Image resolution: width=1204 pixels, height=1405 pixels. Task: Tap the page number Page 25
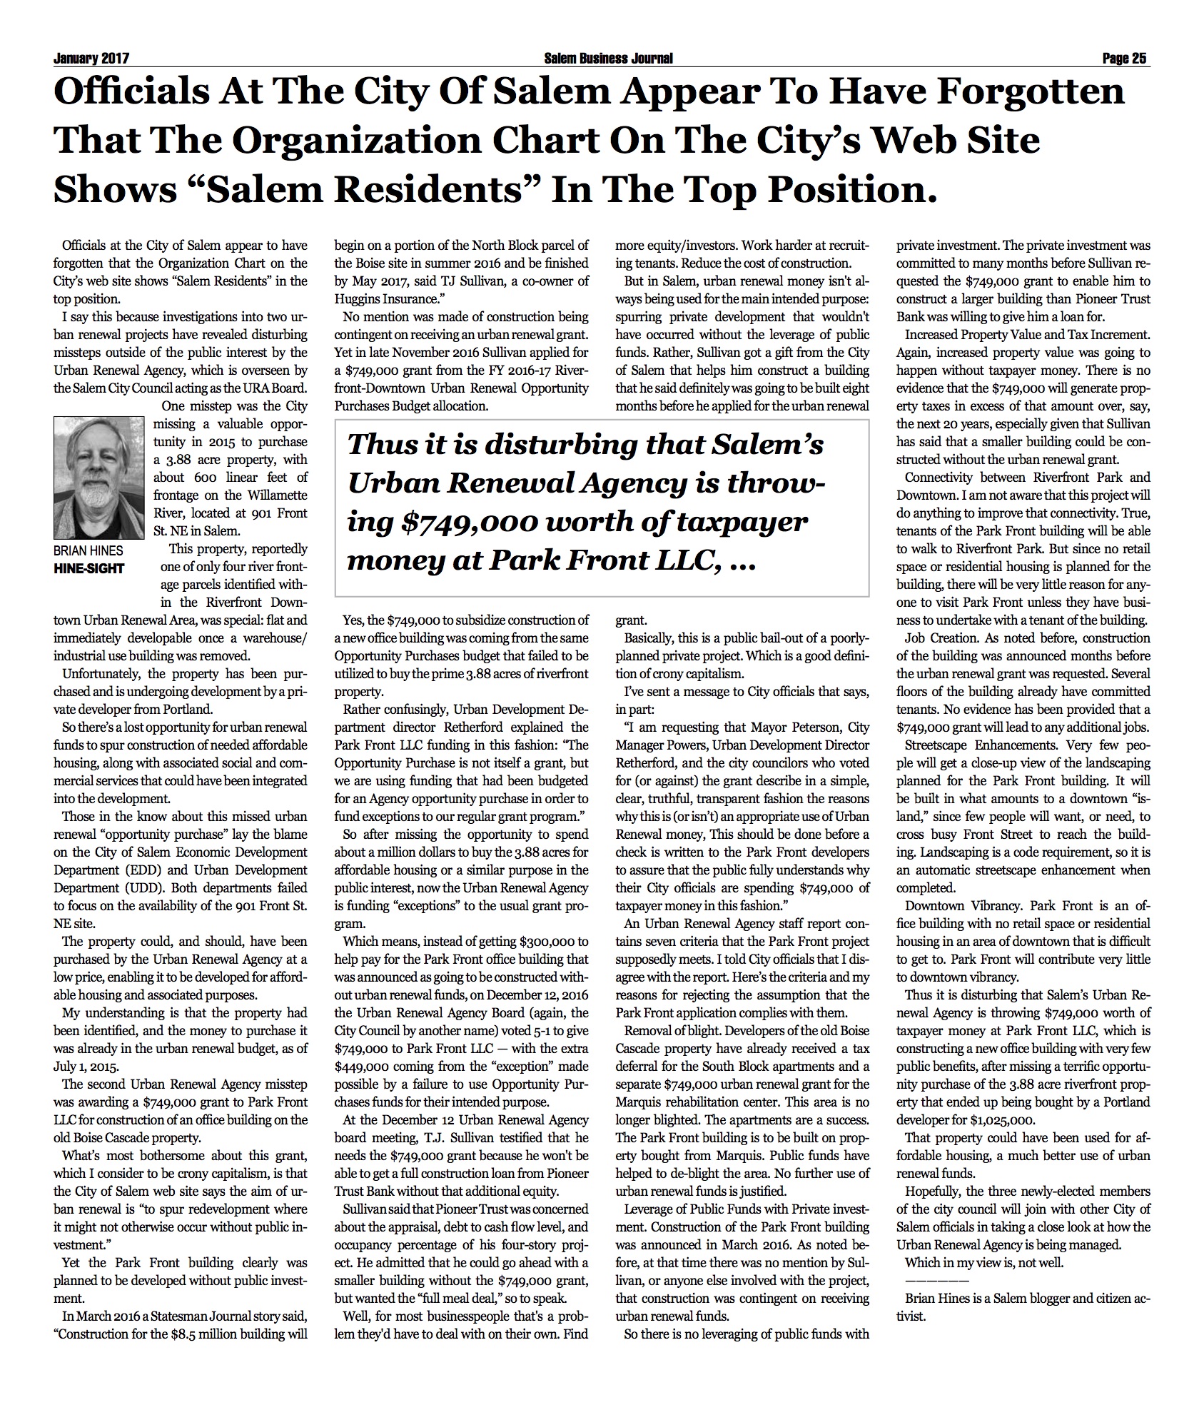pyautogui.click(x=1124, y=59)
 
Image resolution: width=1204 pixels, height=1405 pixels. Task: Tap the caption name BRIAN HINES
pyautogui.click(x=88, y=550)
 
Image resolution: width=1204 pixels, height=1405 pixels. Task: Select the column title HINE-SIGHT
pyautogui.click(x=89, y=568)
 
